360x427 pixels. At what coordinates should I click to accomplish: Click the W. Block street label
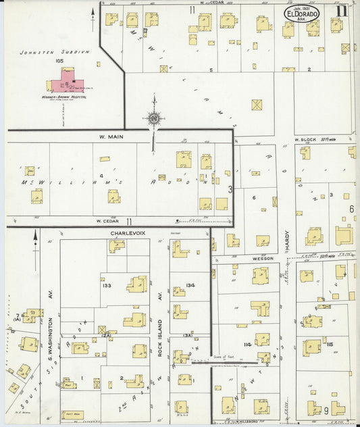tap(305, 140)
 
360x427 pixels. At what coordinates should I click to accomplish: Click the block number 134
tap(191, 285)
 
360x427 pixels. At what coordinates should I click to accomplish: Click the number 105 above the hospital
tap(60, 60)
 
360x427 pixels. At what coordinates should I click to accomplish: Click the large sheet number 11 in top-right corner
tap(344, 10)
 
